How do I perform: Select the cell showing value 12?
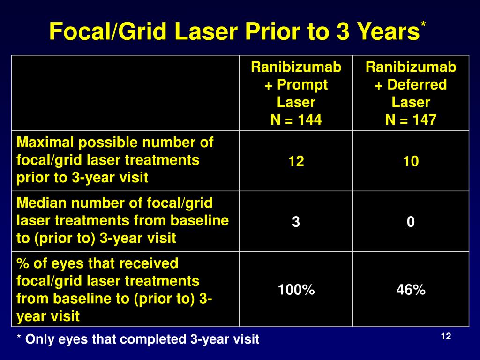[296, 162]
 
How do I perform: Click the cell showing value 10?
[411, 162]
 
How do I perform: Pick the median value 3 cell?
[296, 222]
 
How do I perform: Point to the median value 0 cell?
[411, 222]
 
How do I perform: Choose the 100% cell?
[296, 290]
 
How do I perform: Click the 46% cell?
[411, 290]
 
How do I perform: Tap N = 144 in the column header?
[296, 120]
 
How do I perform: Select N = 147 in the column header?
[411, 120]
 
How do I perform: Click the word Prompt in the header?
[301, 85]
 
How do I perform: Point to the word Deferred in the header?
[416, 85]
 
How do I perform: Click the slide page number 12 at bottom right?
[446, 337]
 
